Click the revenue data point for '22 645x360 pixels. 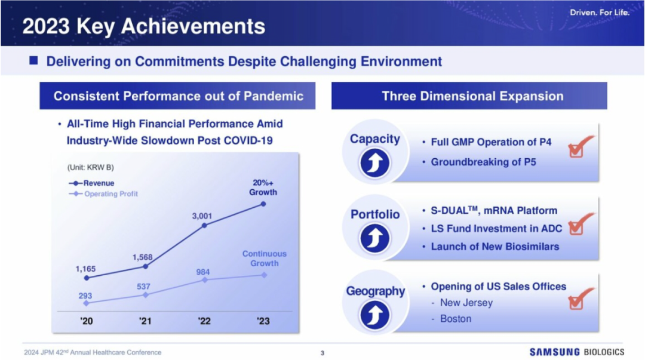click(x=204, y=226)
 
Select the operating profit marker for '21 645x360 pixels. click(x=145, y=295)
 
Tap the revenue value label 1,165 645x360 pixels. click(x=85, y=269)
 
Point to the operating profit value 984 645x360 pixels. click(x=203, y=272)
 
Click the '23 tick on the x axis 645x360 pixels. click(x=263, y=321)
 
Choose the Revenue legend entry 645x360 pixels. click(x=91, y=183)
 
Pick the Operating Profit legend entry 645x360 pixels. click(x=103, y=194)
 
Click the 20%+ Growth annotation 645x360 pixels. click(x=263, y=187)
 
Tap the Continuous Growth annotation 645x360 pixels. click(x=265, y=259)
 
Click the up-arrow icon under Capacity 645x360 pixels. click(x=374, y=163)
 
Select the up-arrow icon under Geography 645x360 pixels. click(x=374, y=315)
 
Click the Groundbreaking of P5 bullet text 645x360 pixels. click(x=483, y=162)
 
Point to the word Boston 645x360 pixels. click(x=456, y=319)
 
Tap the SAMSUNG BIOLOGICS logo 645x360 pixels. click(x=577, y=352)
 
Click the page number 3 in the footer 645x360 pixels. click(x=322, y=353)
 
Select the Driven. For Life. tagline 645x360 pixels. click(x=600, y=13)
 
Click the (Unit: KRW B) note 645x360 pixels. click(x=91, y=167)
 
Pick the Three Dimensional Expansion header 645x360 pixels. click(x=472, y=96)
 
